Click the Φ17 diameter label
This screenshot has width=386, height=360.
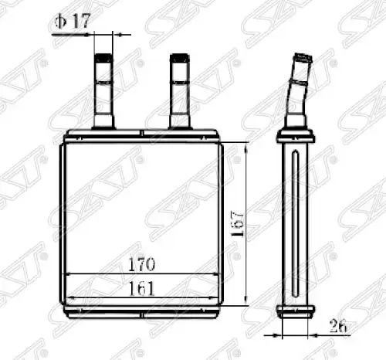click(x=73, y=21)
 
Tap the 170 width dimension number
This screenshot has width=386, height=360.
click(x=141, y=264)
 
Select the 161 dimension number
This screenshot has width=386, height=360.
click(x=141, y=288)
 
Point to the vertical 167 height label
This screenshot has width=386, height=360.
click(x=237, y=223)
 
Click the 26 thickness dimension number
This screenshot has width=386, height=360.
click(x=338, y=327)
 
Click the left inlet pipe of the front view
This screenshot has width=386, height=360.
click(x=103, y=91)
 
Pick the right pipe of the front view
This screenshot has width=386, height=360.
click(x=180, y=91)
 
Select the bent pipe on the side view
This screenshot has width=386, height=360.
click(x=298, y=90)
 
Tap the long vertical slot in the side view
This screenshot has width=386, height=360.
click(x=296, y=224)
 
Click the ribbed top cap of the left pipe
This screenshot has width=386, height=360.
click(x=103, y=58)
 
